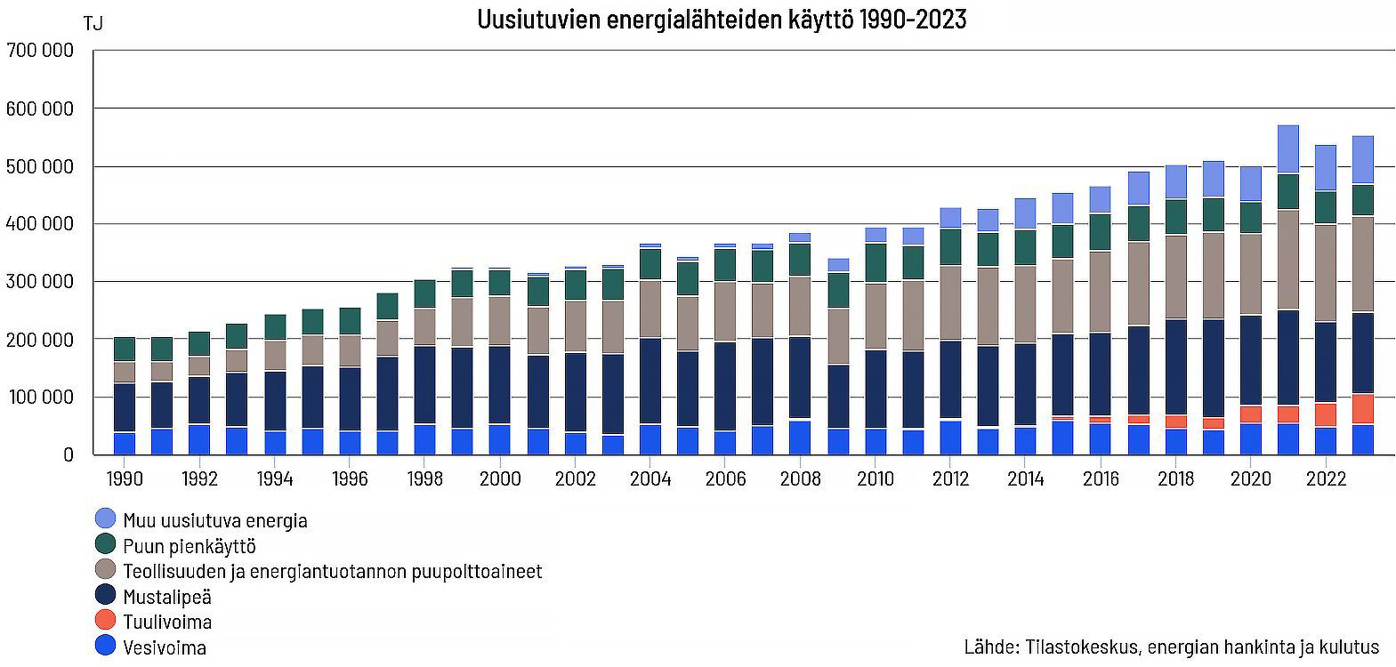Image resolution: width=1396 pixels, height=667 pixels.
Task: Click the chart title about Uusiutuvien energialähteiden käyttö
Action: [x=721, y=20]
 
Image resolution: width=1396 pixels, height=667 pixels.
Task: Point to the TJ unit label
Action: [x=93, y=24]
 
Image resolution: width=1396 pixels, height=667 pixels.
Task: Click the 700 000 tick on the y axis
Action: [x=40, y=51]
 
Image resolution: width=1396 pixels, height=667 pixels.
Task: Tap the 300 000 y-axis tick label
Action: [x=40, y=282]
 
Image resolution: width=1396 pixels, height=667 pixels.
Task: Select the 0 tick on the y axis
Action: [x=68, y=454]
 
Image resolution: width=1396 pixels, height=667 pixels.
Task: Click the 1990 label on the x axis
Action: [x=125, y=478]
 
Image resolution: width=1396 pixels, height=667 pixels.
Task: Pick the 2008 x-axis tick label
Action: [x=801, y=478]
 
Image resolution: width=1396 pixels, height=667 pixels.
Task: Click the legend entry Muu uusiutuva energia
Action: [x=214, y=520]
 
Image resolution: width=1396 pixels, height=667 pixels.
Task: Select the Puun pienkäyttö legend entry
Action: [x=189, y=546]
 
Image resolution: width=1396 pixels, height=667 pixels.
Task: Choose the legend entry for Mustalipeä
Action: [x=167, y=597]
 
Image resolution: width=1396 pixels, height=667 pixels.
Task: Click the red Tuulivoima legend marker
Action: [x=105, y=621]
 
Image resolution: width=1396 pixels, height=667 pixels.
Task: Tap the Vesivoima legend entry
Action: [x=165, y=647]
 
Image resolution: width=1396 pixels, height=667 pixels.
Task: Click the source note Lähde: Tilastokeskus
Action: [x=1171, y=647]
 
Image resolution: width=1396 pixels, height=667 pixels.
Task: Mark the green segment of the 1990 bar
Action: [x=125, y=350]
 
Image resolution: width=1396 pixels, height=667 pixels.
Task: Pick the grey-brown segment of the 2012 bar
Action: [x=950, y=303]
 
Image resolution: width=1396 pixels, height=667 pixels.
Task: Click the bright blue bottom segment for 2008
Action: [x=801, y=438]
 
